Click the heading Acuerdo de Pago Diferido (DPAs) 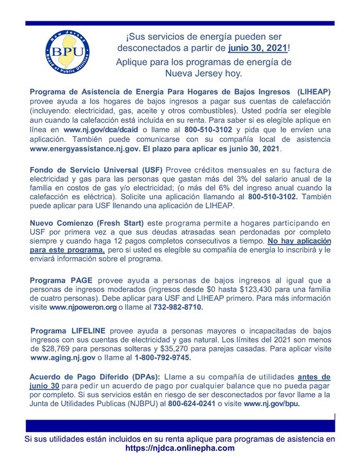coord(89,377)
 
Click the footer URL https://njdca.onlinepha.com coord(179,448)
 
